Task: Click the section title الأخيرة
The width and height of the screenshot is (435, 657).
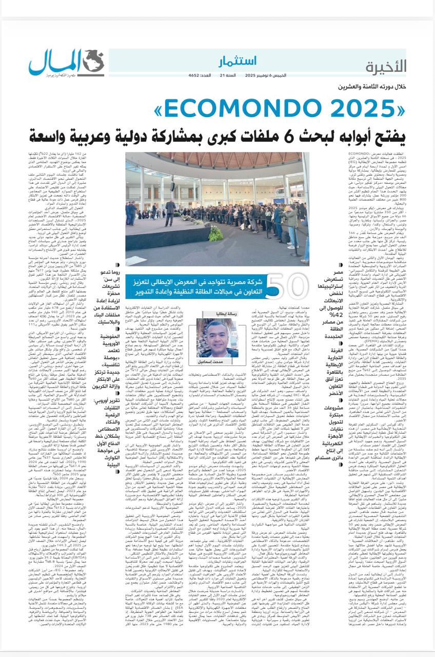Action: (x=386, y=66)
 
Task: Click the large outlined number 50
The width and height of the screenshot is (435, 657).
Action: (x=284, y=288)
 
